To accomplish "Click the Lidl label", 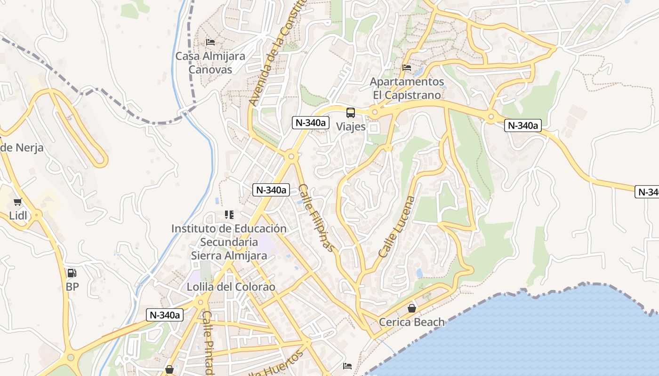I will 18,216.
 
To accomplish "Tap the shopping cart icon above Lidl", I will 18,202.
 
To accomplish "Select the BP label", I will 72,286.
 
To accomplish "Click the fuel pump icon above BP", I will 72,273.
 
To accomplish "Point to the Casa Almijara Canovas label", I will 210,63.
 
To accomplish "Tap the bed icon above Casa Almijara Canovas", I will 210,42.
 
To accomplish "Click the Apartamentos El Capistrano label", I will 407,88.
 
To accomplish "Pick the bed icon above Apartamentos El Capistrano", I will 407,68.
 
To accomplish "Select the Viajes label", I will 351,126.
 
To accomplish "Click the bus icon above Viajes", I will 351,113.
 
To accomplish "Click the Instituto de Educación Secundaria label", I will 229,242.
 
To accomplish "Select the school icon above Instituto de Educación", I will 229,215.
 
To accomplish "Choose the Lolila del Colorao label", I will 231,287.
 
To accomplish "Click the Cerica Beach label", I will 412,322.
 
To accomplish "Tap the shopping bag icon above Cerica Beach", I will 412,308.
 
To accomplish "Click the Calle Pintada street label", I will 209,343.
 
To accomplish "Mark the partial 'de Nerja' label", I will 22,148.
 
